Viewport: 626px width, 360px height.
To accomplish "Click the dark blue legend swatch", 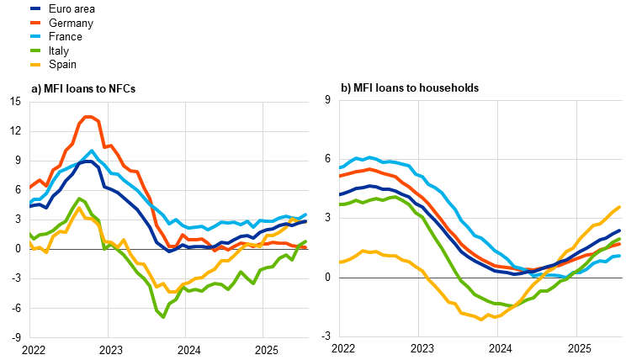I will pyautogui.click(x=35, y=8).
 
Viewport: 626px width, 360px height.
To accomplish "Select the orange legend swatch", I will pyautogui.click(x=35, y=23).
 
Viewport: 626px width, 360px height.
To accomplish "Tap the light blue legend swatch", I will pyautogui.click(x=35, y=36).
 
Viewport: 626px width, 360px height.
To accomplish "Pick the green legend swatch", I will pyautogui.click(x=35, y=50).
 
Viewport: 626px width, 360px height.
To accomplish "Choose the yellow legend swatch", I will pyautogui.click(x=35, y=65).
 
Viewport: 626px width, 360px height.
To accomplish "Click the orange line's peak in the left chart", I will pyautogui.click(x=88, y=117).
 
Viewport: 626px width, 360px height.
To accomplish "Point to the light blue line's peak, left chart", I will pyautogui.click(x=92, y=151).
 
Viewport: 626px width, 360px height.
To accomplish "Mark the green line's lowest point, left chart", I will pyautogui.click(x=162, y=316).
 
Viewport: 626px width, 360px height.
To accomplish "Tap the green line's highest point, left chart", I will pyautogui.click(x=78, y=199).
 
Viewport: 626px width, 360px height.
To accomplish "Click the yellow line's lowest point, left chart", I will pyautogui.click(x=171, y=292).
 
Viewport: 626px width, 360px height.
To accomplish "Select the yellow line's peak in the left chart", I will pyautogui.click(x=79, y=208).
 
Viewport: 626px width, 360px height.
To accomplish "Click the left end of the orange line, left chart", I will pyautogui.click(x=30, y=187).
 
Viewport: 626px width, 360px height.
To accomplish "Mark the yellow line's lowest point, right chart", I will pyautogui.click(x=482, y=319).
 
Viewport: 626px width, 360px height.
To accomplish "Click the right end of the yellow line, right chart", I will pyautogui.click(x=619, y=207).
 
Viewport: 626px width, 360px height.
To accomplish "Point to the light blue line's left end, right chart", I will pyautogui.click(x=340, y=168).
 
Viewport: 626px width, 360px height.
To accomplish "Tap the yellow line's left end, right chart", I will pyautogui.click(x=340, y=262).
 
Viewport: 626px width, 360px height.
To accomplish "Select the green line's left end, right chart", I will pyautogui.click(x=340, y=204).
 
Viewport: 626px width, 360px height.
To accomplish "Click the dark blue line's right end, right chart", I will pyautogui.click(x=619, y=230).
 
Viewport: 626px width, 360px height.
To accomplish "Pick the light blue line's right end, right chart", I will pyautogui.click(x=619, y=256).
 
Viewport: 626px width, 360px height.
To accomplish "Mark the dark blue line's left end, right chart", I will pyautogui.click(x=340, y=195).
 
